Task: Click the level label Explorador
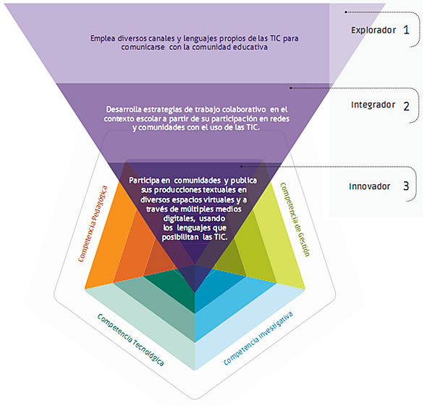373,30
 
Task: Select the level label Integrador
373,105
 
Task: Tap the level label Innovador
370,186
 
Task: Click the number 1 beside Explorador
406,30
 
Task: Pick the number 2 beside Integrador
406,106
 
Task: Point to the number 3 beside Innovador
406,186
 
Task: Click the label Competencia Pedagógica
93,224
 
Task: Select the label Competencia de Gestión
295,220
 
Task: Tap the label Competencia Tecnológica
131,340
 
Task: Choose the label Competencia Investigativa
258,339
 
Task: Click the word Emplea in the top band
103,38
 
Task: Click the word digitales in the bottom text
179,218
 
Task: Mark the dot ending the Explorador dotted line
346,12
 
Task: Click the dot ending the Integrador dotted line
291,88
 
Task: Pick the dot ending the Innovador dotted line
241,167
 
